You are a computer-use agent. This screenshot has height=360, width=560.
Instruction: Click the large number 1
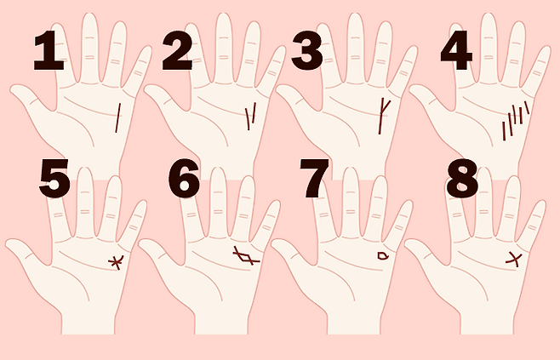[49, 50]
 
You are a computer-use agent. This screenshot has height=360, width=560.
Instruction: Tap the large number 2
[177, 50]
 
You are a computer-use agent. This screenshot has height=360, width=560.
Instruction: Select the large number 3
[307, 50]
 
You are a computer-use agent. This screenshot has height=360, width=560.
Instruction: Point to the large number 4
[456, 50]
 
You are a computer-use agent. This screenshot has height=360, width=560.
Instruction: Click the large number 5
[54, 179]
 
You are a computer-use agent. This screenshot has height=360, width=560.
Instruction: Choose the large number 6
[184, 179]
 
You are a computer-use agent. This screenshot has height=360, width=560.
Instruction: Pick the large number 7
[313, 179]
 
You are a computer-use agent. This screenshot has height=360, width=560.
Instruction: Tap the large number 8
[462, 179]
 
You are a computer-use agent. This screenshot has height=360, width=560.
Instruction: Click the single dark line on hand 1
[117, 117]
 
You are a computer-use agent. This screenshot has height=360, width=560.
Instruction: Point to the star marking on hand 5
[116, 262]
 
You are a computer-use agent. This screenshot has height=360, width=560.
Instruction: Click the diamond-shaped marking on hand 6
[246, 256]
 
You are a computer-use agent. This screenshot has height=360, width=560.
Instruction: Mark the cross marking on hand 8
[514, 259]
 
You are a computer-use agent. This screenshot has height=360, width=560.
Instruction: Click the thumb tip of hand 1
[14, 89]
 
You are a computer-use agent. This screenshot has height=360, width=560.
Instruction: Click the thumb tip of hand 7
[275, 244]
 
